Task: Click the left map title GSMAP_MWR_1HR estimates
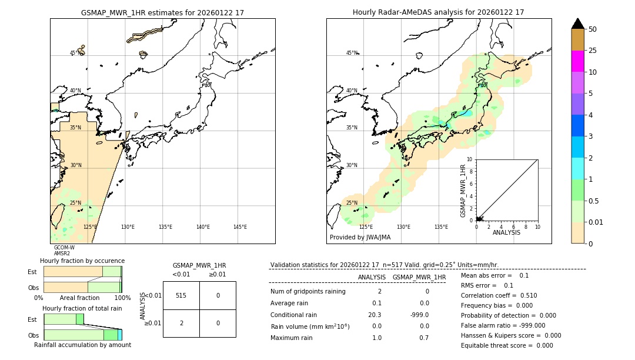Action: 162,12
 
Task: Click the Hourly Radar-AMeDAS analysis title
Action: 438,12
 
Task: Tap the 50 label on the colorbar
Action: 593,29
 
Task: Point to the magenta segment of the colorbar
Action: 577,61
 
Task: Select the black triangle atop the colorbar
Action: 577,24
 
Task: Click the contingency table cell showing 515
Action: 181,295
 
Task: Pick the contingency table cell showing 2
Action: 181,323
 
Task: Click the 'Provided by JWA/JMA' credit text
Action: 360,237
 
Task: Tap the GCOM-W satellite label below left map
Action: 64,248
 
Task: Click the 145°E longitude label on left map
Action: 240,227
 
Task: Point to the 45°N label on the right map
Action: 351,53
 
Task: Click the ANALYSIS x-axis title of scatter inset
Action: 506,232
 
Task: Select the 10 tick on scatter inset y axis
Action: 469,159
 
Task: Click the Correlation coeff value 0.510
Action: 524,295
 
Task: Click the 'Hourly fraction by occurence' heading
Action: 82,261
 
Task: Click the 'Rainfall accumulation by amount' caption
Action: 82,345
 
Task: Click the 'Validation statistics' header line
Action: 384,265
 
